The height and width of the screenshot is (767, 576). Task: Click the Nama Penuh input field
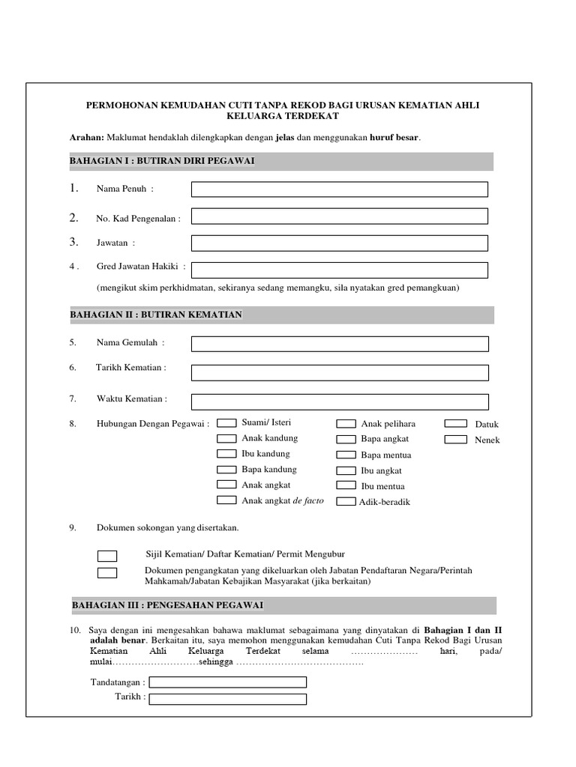(x=339, y=190)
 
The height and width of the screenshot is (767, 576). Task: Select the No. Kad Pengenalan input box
(x=339, y=216)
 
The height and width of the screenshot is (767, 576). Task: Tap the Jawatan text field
(x=339, y=243)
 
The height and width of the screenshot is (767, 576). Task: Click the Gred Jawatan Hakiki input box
(x=339, y=270)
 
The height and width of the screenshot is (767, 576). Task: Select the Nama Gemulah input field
(x=339, y=344)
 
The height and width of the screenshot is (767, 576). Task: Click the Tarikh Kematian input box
(x=339, y=372)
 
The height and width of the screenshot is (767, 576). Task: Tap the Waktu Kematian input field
(x=339, y=401)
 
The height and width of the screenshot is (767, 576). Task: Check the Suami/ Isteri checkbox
(x=227, y=423)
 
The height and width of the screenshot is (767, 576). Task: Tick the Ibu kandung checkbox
(x=227, y=454)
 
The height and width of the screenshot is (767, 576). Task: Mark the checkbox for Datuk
(x=455, y=424)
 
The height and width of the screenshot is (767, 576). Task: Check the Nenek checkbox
(x=455, y=440)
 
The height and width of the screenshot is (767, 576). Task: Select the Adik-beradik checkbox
(x=346, y=502)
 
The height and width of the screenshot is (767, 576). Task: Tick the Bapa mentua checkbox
(x=346, y=455)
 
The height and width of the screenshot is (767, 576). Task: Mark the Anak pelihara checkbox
(x=346, y=424)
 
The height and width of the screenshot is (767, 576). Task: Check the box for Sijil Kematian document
(x=107, y=555)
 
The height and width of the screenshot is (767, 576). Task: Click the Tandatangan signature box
(x=227, y=682)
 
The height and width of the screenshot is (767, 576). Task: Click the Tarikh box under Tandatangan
(x=227, y=699)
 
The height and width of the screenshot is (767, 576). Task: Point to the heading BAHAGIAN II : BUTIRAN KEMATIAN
(x=156, y=315)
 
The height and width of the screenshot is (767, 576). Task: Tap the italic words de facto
(x=308, y=500)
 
